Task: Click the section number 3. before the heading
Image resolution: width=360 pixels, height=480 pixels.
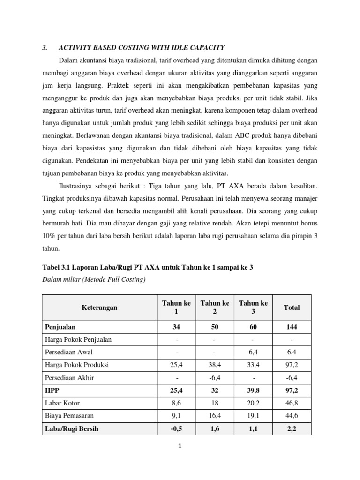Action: (45, 47)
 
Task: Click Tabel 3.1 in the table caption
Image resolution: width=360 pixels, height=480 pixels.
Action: (58, 267)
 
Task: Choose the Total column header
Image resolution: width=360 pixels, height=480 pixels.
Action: (292, 307)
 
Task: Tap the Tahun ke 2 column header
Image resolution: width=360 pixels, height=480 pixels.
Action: (215, 307)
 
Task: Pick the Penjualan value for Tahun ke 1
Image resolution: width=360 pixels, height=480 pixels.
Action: (176, 327)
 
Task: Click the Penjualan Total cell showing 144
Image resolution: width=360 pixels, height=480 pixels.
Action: (292, 327)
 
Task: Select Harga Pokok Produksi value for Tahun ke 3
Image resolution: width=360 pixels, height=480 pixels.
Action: (253, 365)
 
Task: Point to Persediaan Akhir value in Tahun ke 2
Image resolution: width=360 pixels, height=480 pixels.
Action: (215, 377)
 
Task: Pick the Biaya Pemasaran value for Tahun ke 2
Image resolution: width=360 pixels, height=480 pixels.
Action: (215, 415)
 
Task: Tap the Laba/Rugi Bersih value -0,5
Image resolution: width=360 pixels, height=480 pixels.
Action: (176, 428)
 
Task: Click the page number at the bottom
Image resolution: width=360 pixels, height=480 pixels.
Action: (179, 446)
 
